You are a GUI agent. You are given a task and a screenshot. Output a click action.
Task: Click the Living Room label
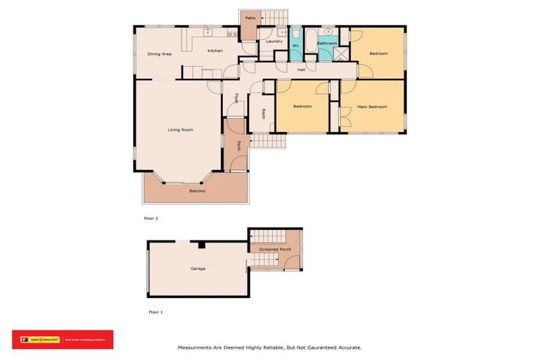click(181, 130)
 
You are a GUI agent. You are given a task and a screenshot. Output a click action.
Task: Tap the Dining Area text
click(160, 54)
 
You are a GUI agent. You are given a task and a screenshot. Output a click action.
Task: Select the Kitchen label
click(215, 51)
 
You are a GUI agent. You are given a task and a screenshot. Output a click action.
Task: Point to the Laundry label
click(274, 41)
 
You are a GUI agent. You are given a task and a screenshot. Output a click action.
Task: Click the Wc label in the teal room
click(295, 46)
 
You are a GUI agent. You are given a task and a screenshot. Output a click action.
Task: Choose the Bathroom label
click(327, 44)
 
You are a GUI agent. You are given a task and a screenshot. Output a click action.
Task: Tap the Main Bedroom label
click(372, 107)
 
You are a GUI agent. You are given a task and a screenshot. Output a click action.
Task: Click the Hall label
click(301, 70)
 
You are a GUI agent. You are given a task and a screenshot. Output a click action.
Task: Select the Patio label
click(250, 18)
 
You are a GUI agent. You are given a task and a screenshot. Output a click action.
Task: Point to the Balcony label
click(197, 191)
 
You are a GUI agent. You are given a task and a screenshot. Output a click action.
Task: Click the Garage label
click(198, 269)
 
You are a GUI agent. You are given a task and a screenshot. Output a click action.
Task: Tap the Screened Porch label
click(275, 249)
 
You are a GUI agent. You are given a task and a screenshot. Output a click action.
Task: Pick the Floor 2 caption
click(151, 219)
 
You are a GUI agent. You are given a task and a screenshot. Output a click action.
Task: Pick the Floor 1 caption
click(155, 311)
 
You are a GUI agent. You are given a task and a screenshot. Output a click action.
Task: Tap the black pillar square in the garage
click(201, 245)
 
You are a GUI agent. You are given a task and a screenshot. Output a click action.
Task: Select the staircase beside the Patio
click(275, 17)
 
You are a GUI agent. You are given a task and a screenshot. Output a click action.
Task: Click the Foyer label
click(237, 98)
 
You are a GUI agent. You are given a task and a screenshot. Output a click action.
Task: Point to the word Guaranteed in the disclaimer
click(313, 347)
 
